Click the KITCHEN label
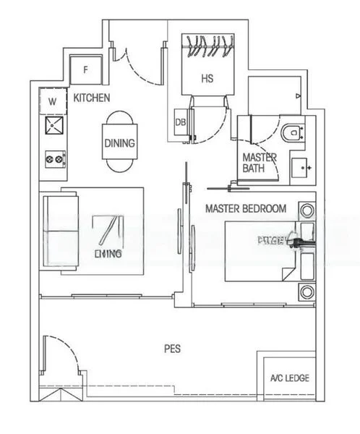coord(92,97)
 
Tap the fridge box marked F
coord(86,69)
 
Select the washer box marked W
coord(52,102)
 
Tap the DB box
coord(181,122)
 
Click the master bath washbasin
coord(302,167)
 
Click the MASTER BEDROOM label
coord(245,208)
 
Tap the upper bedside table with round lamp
coord(307,212)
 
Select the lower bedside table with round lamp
coord(307,292)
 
